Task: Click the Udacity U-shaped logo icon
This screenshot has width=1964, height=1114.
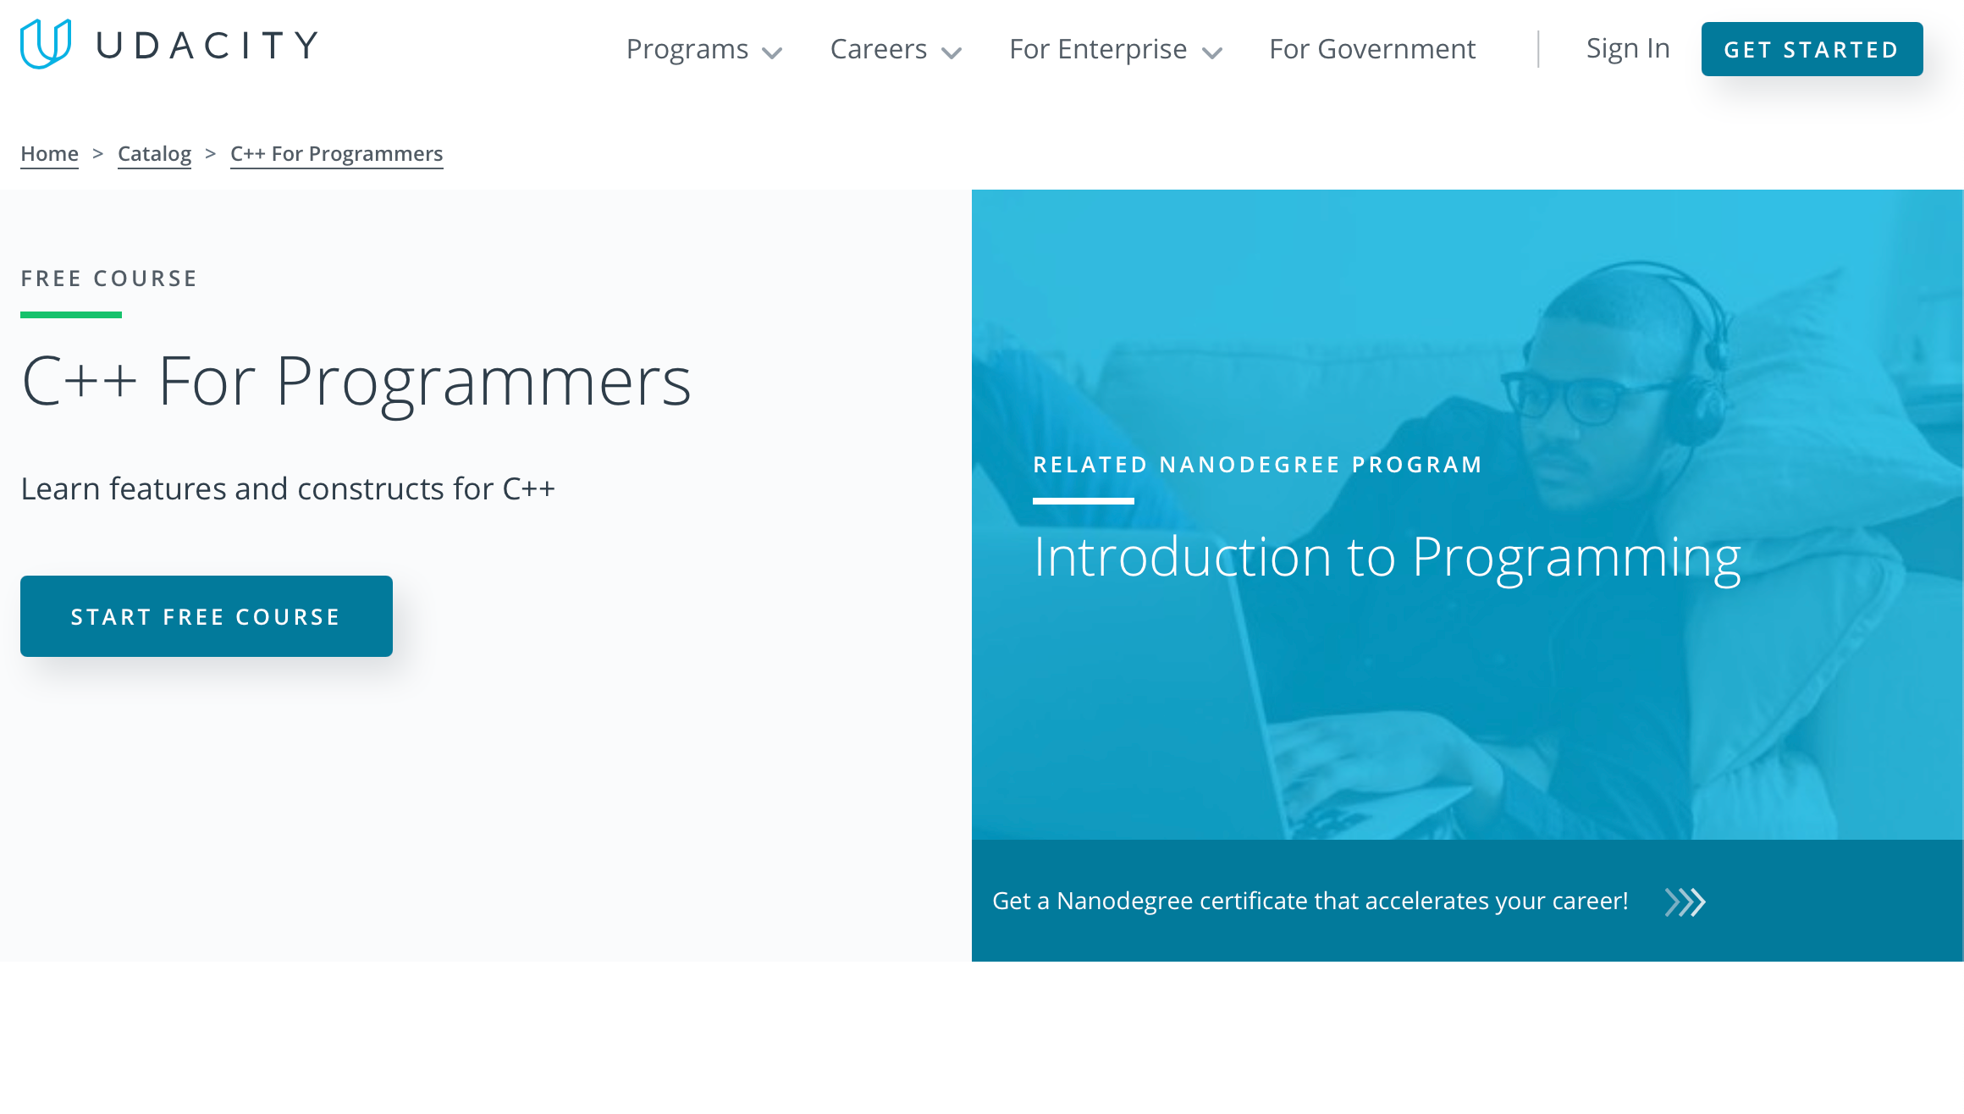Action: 45,44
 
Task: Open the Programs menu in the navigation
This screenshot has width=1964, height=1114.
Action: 703,49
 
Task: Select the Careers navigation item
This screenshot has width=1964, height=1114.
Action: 895,49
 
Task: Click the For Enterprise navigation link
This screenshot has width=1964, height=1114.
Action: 1098,49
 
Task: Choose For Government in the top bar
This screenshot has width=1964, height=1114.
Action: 1372,49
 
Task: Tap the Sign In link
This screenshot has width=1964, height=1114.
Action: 1627,49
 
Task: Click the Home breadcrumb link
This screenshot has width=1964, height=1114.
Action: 49,154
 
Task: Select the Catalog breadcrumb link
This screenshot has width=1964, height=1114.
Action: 154,154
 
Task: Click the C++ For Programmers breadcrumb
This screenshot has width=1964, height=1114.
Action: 336,154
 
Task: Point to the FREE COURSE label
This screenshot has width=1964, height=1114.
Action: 109,278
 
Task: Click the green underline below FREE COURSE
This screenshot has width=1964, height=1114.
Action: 71,315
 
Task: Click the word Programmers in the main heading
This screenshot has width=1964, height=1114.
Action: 483,383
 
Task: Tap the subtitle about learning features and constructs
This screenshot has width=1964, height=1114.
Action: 288,489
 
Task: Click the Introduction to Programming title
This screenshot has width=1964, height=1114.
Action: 1387,557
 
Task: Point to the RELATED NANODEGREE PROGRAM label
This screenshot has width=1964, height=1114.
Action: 1257,465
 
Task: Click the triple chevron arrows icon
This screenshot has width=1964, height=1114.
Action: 1685,902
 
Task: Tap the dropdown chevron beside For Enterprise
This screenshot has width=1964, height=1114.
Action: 1212,53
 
